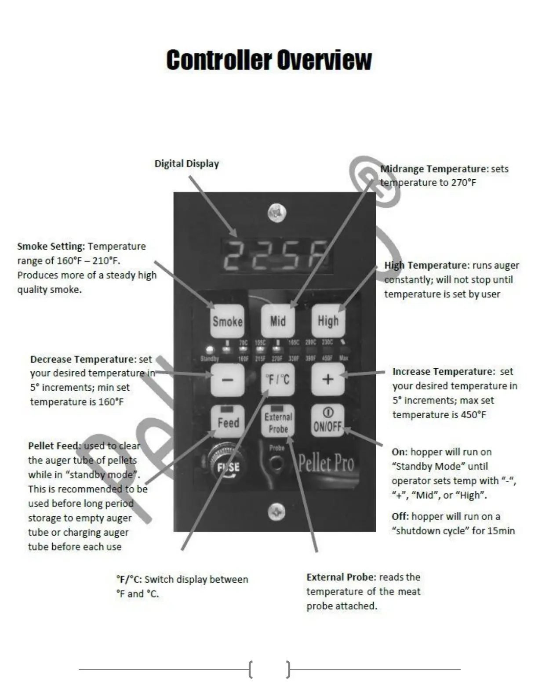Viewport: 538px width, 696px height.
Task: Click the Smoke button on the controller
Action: click(x=227, y=321)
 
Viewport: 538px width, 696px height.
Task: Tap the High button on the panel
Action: click(x=328, y=321)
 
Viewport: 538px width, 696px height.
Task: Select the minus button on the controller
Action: click(x=227, y=379)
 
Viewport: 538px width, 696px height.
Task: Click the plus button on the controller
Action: click(x=328, y=379)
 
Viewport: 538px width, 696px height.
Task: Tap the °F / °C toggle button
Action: click(x=278, y=379)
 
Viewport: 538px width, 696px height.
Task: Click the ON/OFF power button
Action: click(x=327, y=421)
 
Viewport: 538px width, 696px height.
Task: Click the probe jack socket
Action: click(x=276, y=464)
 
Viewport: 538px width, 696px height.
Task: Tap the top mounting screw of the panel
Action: click(x=276, y=214)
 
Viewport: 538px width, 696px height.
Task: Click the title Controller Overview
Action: click(x=269, y=60)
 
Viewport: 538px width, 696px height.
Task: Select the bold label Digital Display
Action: click(x=186, y=164)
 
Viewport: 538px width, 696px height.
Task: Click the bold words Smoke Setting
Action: click(x=51, y=246)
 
